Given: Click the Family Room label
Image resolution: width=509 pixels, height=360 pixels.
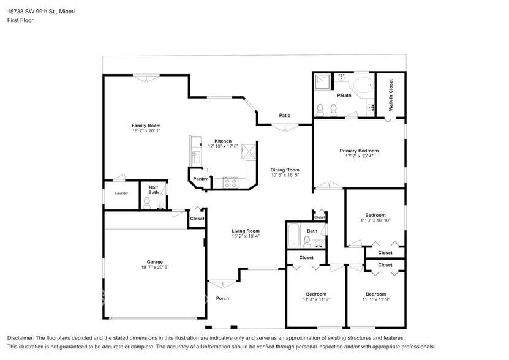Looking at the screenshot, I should [x=146, y=126].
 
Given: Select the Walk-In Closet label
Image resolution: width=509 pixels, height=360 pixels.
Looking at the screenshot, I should [x=390, y=95].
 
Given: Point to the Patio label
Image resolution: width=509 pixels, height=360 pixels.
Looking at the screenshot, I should [x=284, y=115].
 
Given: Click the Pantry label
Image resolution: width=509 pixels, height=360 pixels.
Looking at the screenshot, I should [x=200, y=179].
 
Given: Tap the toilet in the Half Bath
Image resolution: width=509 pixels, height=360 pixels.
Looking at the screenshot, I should [x=147, y=201].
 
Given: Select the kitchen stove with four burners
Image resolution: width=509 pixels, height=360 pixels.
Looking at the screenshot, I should [x=231, y=181].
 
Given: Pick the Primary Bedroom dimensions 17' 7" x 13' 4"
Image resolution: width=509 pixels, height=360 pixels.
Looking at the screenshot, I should [x=359, y=156].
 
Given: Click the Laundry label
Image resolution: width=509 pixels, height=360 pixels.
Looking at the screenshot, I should [x=121, y=193].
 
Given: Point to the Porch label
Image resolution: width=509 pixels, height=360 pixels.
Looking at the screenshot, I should [x=222, y=298].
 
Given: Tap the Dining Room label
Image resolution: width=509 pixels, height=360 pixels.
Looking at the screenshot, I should [x=285, y=170].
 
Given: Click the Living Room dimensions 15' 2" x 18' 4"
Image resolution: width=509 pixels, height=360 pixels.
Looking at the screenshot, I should [x=246, y=236].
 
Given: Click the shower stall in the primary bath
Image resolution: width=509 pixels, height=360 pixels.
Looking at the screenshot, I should [x=322, y=82].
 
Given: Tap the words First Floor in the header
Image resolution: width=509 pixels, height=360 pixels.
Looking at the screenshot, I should [x=20, y=20].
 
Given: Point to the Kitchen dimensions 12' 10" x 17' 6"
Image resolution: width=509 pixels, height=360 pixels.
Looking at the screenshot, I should [x=219, y=146].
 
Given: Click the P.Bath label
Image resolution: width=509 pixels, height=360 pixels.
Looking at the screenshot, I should [x=344, y=96].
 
